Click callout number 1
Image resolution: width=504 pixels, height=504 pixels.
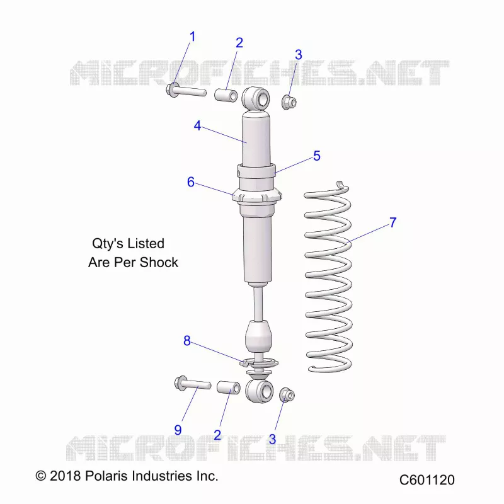tap(193, 37)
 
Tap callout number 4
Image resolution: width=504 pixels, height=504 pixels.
tap(197, 125)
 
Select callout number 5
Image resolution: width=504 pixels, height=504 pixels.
tap(317, 156)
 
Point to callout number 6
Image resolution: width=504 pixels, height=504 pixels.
tap(191, 182)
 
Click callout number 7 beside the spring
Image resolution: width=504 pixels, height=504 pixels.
tap(392, 222)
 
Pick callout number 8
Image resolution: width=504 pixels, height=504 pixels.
tap(186, 341)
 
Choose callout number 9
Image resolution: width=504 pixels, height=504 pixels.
tap(178, 430)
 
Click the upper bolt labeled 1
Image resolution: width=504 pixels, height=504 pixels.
tap(186, 91)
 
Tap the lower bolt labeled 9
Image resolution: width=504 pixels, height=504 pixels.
tap(192, 384)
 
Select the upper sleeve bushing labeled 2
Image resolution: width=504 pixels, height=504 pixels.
tap(226, 95)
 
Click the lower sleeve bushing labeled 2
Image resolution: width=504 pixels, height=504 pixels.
tap(229, 387)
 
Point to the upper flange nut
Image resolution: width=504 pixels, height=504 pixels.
tap(289, 102)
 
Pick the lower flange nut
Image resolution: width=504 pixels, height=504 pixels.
tap(287, 395)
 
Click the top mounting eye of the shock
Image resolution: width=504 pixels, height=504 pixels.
tap(256, 98)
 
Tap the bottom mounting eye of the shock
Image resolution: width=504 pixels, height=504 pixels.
tap(259, 391)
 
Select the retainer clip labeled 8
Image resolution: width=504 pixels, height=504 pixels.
tap(259, 364)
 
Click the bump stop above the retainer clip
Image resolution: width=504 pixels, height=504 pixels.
tap(258, 336)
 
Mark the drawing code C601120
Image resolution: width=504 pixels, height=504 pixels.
tap(427, 480)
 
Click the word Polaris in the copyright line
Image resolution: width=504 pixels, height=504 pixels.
tap(106, 476)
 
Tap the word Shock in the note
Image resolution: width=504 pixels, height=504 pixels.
tap(159, 262)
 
